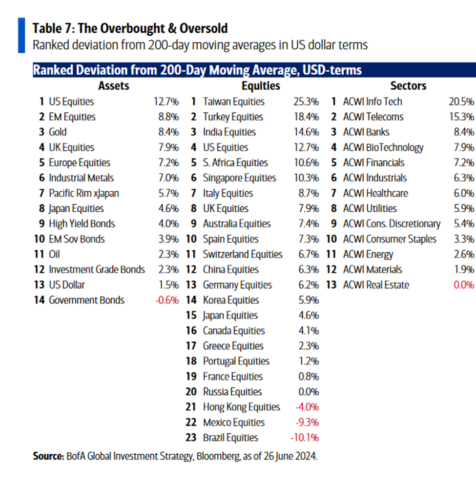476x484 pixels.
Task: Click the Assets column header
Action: (x=113, y=86)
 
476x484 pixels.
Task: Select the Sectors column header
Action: (x=408, y=86)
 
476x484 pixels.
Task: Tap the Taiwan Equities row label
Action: (x=233, y=101)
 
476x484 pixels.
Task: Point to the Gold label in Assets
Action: (x=58, y=132)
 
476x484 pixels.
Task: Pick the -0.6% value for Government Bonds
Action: (x=166, y=300)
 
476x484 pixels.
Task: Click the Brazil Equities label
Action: (x=230, y=438)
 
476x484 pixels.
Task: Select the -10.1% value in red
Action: (x=305, y=438)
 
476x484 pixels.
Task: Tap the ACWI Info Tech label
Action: (x=373, y=101)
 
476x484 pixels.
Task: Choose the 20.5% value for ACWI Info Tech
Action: (x=461, y=101)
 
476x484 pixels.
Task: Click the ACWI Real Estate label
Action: (x=376, y=285)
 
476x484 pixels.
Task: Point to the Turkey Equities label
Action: (x=233, y=117)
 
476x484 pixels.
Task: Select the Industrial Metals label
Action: (x=81, y=178)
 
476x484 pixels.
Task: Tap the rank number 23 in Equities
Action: (x=191, y=438)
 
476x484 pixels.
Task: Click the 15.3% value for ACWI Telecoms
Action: (x=461, y=117)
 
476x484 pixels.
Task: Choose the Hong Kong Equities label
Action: (x=241, y=407)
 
